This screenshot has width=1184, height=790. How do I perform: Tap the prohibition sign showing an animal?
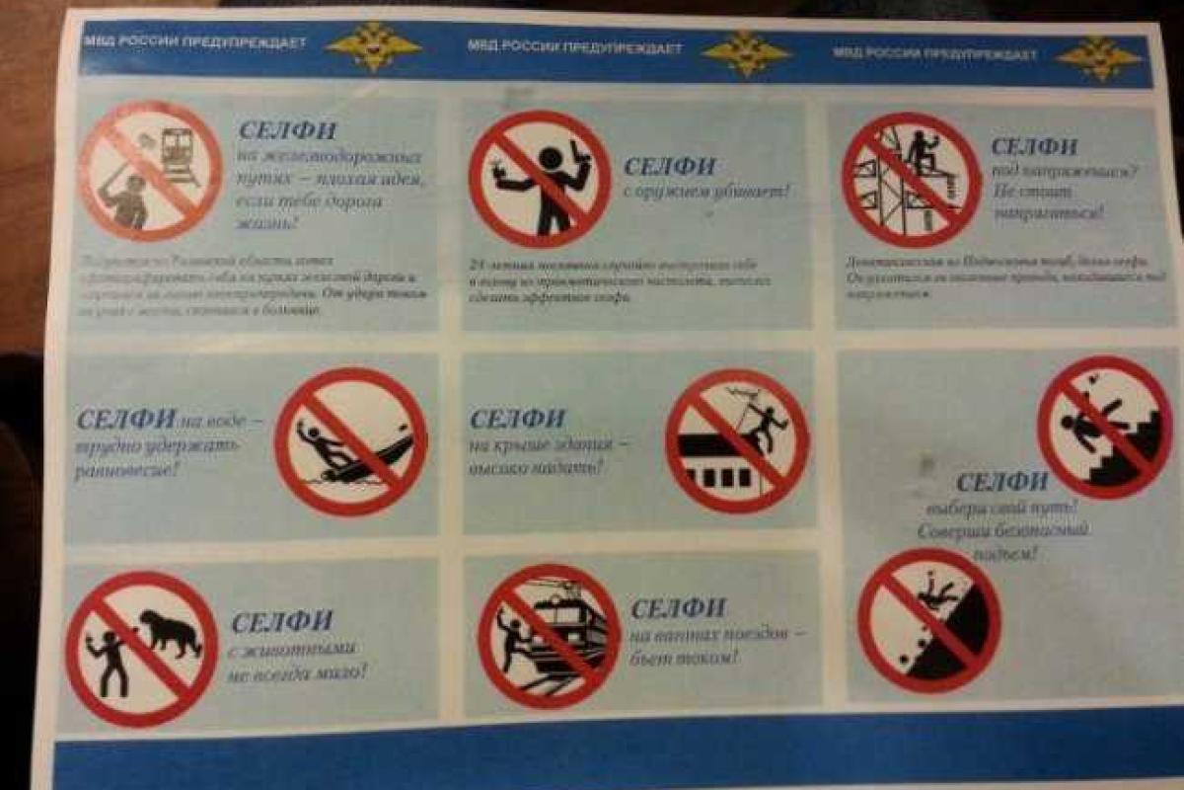pyautogui.click(x=141, y=648)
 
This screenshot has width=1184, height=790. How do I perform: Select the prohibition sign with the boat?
pyautogui.click(x=350, y=441)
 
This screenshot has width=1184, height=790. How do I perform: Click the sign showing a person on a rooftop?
pyautogui.click(x=737, y=440)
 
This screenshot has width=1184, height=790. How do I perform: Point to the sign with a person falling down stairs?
pyautogui.click(x=1104, y=427)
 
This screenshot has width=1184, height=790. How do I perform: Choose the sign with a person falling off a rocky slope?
pyautogui.click(x=928, y=620)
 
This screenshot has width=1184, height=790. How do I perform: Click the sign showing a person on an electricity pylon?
pyautogui.click(x=911, y=179)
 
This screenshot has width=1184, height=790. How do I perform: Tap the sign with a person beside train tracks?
pyautogui.click(x=150, y=170)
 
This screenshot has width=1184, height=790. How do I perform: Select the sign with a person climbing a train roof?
pyautogui.click(x=549, y=635)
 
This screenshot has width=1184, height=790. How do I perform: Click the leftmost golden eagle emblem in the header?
pyautogui.click(x=373, y=46)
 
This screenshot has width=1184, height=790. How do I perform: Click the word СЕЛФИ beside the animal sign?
pyautogui.click(x=281, y=622)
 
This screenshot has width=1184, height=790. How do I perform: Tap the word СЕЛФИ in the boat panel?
pyautogui.click(x=125, y=418)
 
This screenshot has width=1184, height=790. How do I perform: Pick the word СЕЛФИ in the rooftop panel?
pyautogui.click(x=517, y=419)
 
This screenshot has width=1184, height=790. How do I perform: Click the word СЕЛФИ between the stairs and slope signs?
pyautogui.click(x=1001, y=482)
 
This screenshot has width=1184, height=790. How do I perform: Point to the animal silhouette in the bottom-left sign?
pyautogui.click(x=169, y=633)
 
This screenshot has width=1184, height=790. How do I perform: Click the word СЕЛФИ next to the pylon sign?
pyautogui.click(x=1033, y=147)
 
